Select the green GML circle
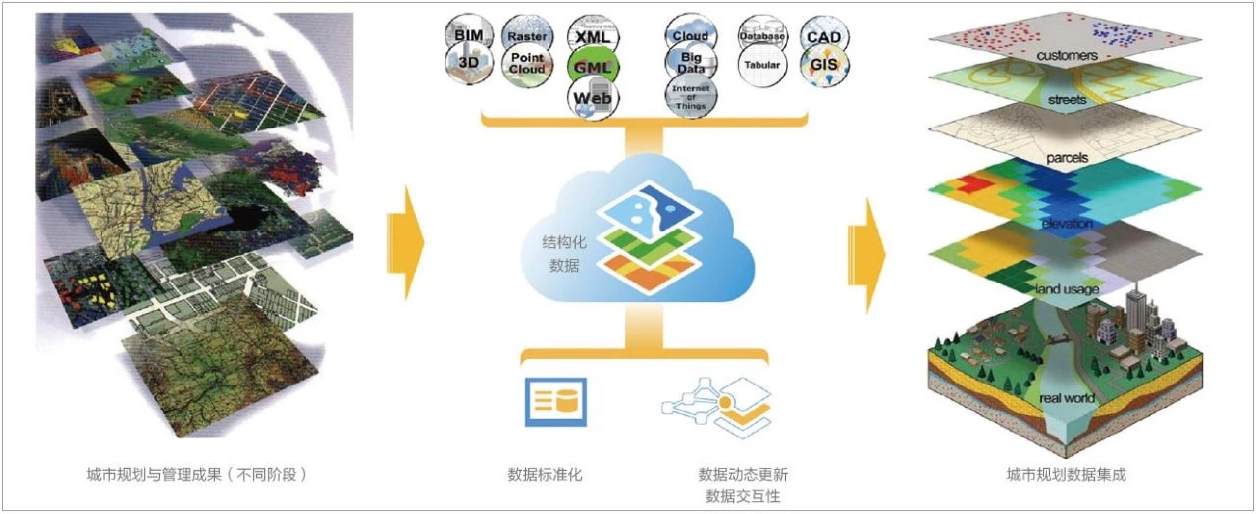pyautogui.click(x=593, y=66)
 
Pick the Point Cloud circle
pyautogui.click(x=527, y=65)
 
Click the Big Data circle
pyautogui.click(x=690, y=65)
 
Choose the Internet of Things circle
pyautogui.click(x=690, y=96)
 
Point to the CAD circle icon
pyautogui.click(x=823, y=36)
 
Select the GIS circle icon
pyautogui.click(x=823, y=65)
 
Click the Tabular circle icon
pyautogui.click(x=761, y=66)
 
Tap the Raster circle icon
pyautogui.click(x=527, y=35)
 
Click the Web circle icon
pyautogui.click(x=593, y=98)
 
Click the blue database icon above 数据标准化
pyautogui.click(x=554, y=401)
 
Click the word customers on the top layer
pyautogui.click(x=1067, y=56)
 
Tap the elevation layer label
pyautogui.click(x=1068, y=224)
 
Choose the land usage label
pyautogui.click(x=1067, y=289)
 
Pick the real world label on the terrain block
pyautogui.click(x=1067, y=399)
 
